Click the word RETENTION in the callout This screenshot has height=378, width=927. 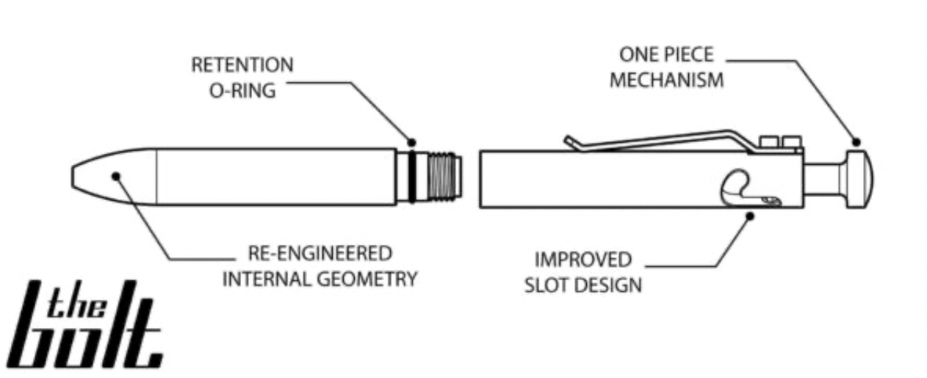click(242, 65)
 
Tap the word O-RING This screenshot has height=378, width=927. click(242, 90)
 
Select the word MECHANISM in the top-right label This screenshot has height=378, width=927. click(666, 79)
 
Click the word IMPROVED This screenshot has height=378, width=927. click(572, 259)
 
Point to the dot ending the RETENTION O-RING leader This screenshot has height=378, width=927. click(411, 142)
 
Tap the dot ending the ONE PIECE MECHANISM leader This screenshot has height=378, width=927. click(856, 142)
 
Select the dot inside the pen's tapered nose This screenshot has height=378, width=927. click(115, 176)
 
